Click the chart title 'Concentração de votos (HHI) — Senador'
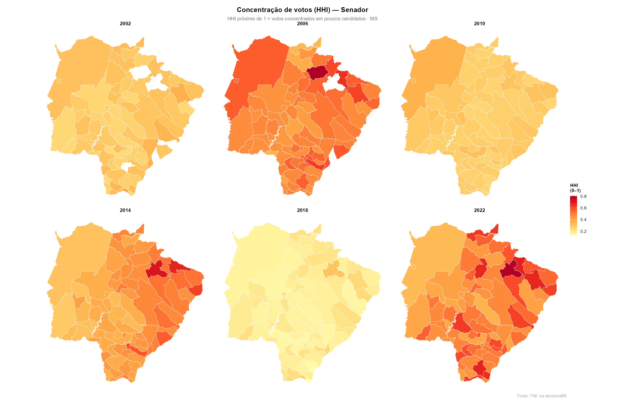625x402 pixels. point(302,10)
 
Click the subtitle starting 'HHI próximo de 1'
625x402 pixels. point(302,19)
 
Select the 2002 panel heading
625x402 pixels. point(125,23)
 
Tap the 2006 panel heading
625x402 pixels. point(302,23)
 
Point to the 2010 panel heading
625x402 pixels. point(479,23)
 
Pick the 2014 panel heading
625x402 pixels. point(125,210)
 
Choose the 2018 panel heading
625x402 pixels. point(302,210)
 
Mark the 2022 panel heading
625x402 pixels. point(479,210)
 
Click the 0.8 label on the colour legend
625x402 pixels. point(583,196)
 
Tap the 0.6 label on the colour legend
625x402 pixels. point(583,208)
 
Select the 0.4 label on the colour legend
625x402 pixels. point(583,220)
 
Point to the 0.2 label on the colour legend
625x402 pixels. point(583,231)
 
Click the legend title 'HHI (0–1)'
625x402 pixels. point(575,188)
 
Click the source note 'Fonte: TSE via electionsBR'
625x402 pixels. point(542,396)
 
